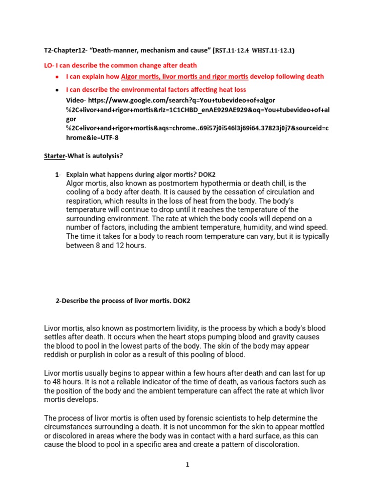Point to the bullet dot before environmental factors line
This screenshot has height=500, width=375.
point(57,90)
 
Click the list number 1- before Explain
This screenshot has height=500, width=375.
point(58,174)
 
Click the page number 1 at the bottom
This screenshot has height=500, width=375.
point(187,465)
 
